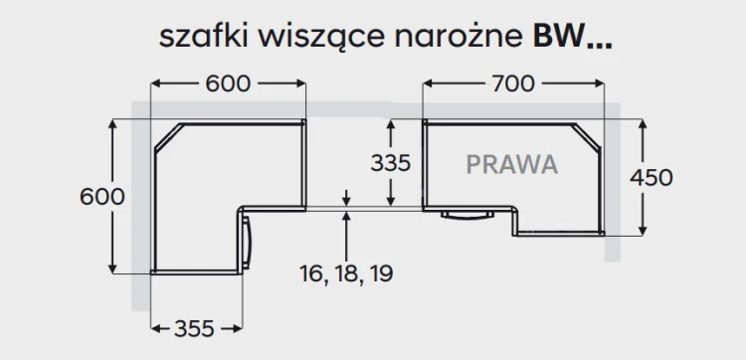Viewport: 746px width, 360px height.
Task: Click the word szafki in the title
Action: (x=203, y=36)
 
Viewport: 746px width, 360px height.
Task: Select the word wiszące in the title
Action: (x=321, y=38)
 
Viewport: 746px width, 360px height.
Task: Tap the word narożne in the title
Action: (x=459, y=38)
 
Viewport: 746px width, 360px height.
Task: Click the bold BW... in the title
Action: (x=572, y=36)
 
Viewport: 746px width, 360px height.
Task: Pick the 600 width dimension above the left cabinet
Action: (x=228, y=85)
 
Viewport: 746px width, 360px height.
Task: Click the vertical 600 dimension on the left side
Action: (x=102, y=196)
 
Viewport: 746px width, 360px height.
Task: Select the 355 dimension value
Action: (x=194, y=328)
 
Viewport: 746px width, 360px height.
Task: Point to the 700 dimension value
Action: (x=513, y=85)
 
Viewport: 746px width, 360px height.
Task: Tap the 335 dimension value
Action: (x=391, y=163)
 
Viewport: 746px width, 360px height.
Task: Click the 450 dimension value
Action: (x=652, y=177)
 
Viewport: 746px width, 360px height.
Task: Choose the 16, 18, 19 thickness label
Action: (x=346, y=273)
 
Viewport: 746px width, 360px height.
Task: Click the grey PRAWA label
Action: (x=512, y=164)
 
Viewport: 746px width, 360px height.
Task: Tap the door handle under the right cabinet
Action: (x=467, y=216)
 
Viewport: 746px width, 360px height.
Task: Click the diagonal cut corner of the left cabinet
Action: (x=168, y=137)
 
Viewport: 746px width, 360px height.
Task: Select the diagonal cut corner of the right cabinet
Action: (x=587, y=136)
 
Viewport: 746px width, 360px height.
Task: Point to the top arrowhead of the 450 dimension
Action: (x=643, y=124)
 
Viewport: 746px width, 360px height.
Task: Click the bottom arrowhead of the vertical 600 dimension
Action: (x=112, y=268)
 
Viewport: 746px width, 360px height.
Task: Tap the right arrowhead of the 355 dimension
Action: (x=237, y=328)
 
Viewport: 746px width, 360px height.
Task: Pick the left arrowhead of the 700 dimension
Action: (x=428, y=84)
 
